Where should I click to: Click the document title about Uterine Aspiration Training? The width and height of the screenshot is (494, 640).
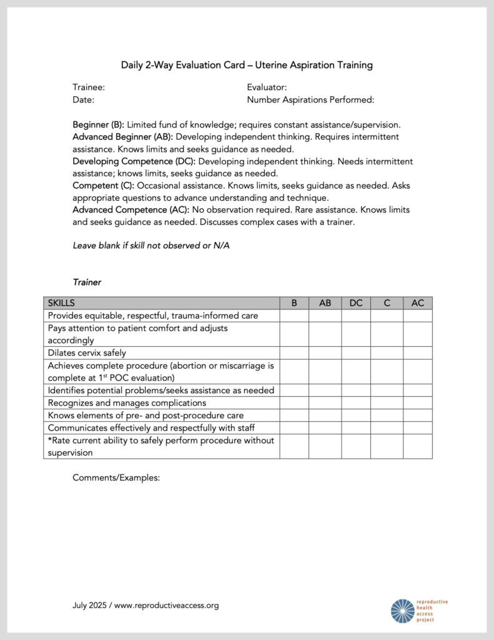(x=247, y=65)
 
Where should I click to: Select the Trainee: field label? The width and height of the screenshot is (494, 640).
(x=89, y=87)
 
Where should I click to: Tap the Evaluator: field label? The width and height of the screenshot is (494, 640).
(x=267, y=87)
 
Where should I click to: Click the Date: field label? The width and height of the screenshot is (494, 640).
(x=83, y=99)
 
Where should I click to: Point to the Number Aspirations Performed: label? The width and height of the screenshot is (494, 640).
(x=310, y=99)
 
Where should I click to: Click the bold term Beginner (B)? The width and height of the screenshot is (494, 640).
(x=99, y=124)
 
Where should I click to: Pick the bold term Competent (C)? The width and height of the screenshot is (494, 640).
(x=104, y=186)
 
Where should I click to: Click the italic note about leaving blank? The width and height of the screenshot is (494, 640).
(x=151, y=246)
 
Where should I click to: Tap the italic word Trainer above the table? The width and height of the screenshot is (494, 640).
(x=87, y=282)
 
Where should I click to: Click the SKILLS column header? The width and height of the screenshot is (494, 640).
(x=61, y=303)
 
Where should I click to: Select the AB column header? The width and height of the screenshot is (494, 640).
(x=325, y=303)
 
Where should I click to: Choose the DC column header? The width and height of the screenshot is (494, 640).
(x=355, y=303)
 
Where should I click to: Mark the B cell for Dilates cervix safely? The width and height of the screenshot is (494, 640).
(x=294, y=353)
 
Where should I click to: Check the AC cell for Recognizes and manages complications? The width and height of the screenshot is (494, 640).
(x=417, y=403)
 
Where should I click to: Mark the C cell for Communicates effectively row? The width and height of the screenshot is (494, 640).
(x=386, y=428)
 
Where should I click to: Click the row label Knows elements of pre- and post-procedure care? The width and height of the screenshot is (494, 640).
(x=146, y=416)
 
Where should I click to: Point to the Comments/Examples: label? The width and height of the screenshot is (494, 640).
(x=116, y=477)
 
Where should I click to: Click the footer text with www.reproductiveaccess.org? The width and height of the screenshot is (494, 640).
(x=146, y=606)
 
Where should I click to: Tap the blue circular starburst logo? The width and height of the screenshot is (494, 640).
(x=402, y=611)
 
